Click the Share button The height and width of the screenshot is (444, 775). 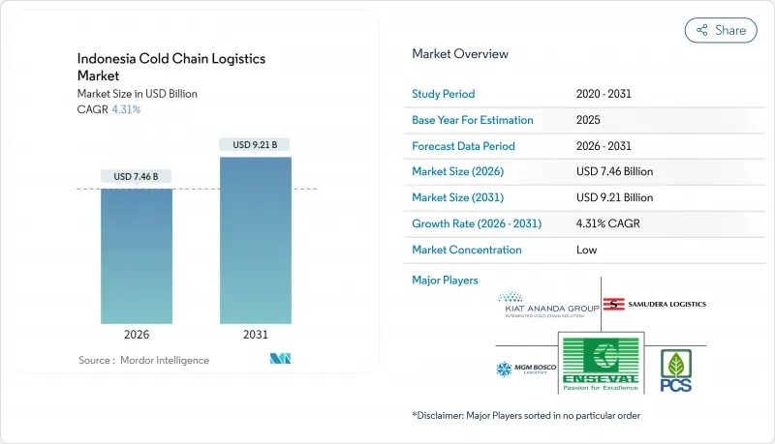pos(721,30)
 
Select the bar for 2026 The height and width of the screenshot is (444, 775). pos(136,256)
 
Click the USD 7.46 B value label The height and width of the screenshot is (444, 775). pos(136,176)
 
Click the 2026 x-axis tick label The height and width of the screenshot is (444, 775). pos(136,336)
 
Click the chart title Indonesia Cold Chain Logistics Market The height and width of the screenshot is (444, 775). pos(171,67)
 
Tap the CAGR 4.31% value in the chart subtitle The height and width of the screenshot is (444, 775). pos(126,109)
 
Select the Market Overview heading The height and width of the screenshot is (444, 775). pos(460,54)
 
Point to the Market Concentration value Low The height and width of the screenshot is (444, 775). pos(586,250)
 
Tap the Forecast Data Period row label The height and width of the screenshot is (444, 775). pos(464,146)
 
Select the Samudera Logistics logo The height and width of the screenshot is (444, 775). pos(654,304)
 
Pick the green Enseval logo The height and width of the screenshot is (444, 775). pos(601,364)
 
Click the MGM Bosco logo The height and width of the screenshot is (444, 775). pos(524,370)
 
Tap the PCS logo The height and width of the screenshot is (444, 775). pos(675,370)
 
